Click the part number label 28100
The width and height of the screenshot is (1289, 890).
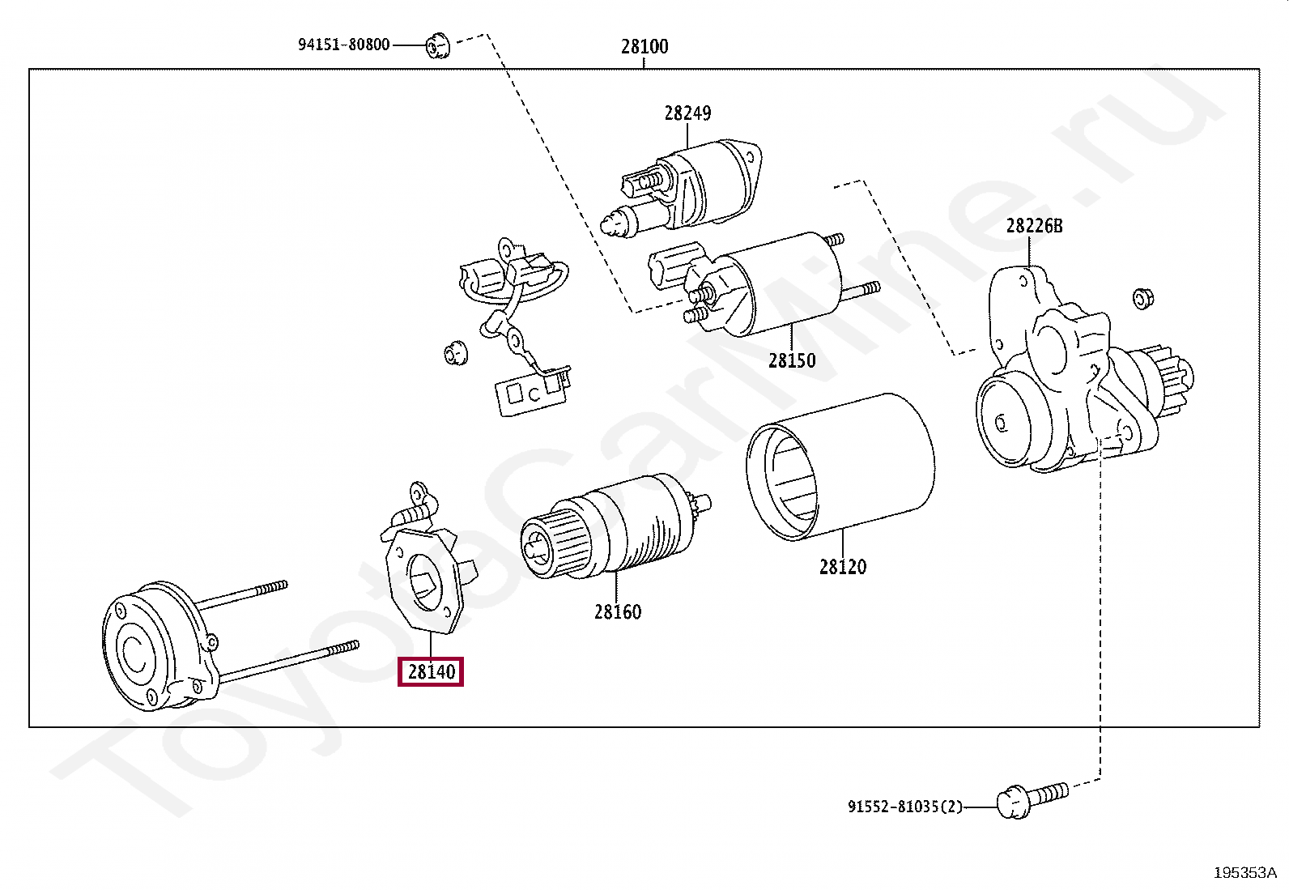coord(644,47)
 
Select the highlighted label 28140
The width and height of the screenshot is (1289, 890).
coord(431,671)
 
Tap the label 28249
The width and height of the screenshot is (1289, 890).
coord(687,113)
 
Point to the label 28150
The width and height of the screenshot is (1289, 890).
coord(792,361)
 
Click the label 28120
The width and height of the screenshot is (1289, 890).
coord(842,567)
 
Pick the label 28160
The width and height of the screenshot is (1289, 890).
coord(617,612)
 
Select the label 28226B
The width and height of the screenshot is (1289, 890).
coord(1034,226)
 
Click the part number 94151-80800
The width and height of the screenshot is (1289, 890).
coord(343,45)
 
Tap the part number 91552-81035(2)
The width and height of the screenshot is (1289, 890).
coord(904,807)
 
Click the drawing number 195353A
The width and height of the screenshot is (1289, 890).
coord(1244,872)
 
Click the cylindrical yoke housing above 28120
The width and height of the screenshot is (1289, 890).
coord(842,467)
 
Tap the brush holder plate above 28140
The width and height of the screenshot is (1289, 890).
coord(425,575)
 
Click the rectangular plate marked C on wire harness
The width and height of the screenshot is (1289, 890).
coord(531,394)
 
